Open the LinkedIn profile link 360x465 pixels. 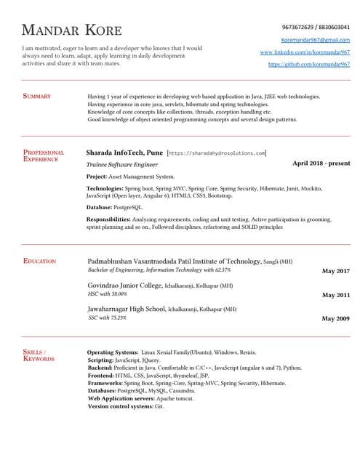[x=305, y=52]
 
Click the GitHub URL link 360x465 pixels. [x=309, y=65]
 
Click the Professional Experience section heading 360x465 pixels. [x=44, y=155]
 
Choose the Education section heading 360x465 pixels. [x=39, y=260]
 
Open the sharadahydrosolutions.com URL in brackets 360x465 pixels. [x=217, y=154]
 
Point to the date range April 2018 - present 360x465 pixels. [x=321, y=163]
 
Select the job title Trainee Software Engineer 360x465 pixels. [x=121, y=165]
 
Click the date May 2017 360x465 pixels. [x=335, y=271]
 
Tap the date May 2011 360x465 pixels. [x=335, y=295]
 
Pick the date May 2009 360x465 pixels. [x=335, y=319]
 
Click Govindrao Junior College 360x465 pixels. [x=124, y=286]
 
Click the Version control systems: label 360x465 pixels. [x=120, y=406]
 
